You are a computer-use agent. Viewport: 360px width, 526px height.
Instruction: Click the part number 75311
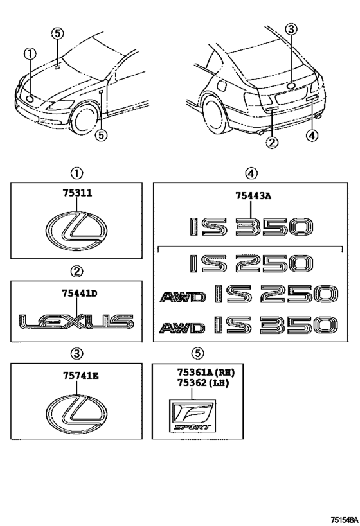click(75, 191)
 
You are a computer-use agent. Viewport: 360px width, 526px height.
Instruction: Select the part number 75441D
click(75, 294)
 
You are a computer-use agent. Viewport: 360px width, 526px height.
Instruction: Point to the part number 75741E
click(75, 376)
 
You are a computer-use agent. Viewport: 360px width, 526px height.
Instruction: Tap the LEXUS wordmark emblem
click(76, 321)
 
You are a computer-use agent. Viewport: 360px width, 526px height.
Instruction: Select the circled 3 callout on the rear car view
click(291, 28)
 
